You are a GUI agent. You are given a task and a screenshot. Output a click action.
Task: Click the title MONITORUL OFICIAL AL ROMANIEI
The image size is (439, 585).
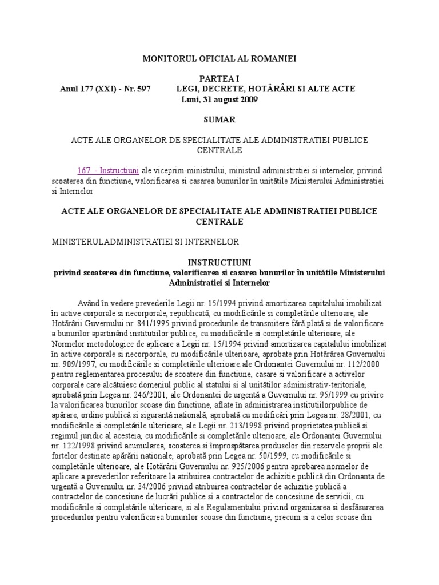pos(219,58)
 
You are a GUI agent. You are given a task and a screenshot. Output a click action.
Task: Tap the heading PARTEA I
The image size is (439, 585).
pos(219,78)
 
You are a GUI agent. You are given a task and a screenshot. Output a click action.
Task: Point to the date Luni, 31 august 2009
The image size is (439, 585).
pos(219,99)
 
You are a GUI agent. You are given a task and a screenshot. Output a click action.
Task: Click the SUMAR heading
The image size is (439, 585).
pos(219,119)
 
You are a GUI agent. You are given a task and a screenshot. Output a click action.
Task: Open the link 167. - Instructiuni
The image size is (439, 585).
pos(109,170)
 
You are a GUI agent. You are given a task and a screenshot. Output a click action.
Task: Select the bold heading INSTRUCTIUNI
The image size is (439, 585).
pos(219,262)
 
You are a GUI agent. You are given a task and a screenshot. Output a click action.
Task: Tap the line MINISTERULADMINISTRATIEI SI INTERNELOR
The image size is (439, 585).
pos(145,242)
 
